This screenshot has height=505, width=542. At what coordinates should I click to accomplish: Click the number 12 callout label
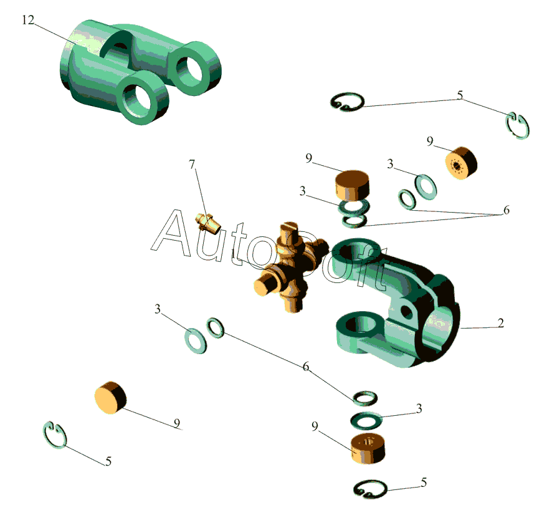tap(28, 20)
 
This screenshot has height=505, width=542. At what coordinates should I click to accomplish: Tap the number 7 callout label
tap(192, 165)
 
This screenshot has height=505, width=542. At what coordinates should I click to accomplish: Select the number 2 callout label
tap(500, 323)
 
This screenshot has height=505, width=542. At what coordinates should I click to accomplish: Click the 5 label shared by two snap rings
tap(460, 95)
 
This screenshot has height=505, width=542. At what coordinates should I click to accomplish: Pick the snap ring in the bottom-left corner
tap(55, 435)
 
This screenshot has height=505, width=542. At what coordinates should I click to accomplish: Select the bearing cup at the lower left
tap(110, 398)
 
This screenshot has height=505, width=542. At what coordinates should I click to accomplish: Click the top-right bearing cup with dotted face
tap(461, 163)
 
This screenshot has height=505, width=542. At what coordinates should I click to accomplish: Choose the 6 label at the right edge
tap(506, 210)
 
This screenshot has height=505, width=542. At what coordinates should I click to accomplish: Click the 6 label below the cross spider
tap(305, 367)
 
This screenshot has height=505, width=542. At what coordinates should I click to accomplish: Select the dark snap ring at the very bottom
tap(370, 489)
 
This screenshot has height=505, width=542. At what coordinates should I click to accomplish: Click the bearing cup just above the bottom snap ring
tap(368, 448)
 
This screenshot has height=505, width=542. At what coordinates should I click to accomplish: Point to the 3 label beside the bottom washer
tap(419, 408)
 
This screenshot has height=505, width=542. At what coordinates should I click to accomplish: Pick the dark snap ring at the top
tap(347, 102)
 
